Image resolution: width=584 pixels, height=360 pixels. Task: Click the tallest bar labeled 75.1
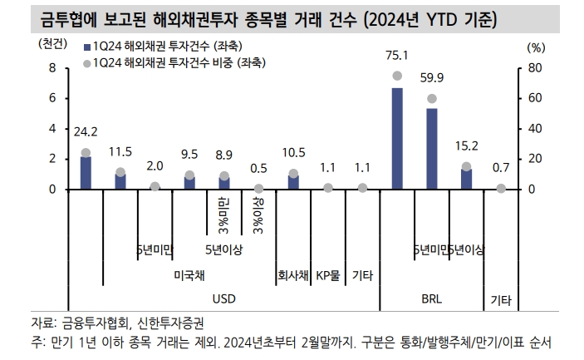tap(397, 138)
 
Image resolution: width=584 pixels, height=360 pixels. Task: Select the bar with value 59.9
tap(432, 149)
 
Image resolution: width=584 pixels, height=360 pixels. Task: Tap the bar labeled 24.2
tap(86, 172)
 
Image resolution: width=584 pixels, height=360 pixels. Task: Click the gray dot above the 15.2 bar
tap(466, 166)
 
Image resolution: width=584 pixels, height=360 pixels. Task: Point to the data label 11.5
tap(120, 151)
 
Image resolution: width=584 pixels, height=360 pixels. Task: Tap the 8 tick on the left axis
tap(52, 68)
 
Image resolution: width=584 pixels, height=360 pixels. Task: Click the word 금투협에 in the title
tap(52, 16)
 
